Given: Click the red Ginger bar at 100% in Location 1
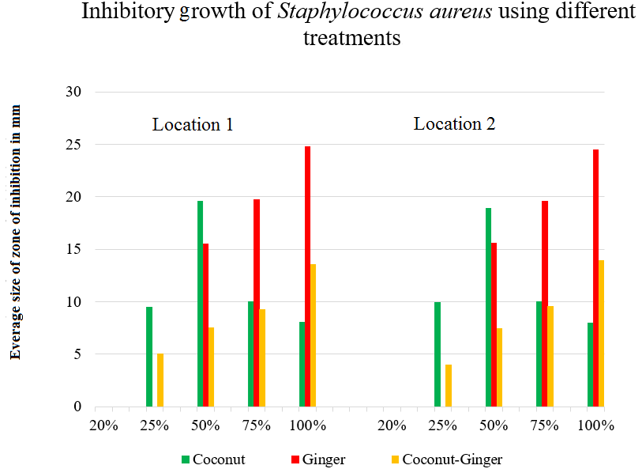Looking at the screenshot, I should pos(307,276).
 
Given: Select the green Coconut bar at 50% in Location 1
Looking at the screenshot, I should pos(200,304).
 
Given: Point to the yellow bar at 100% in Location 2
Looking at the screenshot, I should pos(602,333).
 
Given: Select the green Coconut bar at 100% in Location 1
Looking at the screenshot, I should pos(302,364).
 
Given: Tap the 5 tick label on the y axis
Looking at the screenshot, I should pos(78,354).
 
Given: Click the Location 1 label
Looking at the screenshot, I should pos(193,125).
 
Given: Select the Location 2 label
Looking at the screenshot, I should pos(454,124).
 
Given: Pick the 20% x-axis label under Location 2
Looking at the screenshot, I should pos(392,426).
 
